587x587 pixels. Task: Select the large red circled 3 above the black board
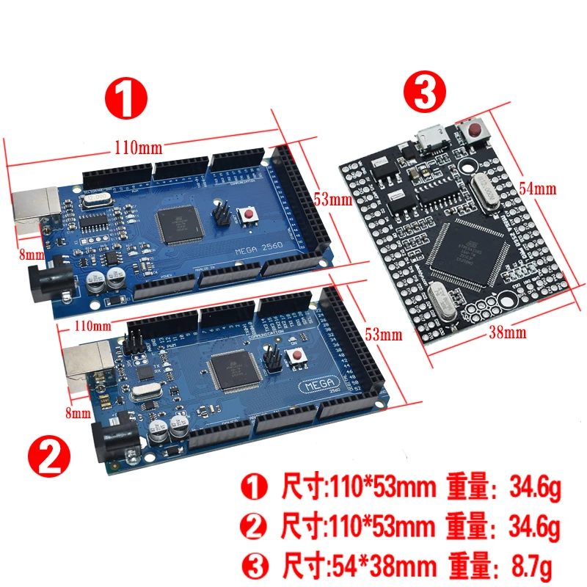point(423,93)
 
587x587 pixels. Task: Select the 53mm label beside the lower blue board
point(384,335)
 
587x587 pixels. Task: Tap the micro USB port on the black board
point(427,136)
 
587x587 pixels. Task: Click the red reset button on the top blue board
point(250,216)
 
